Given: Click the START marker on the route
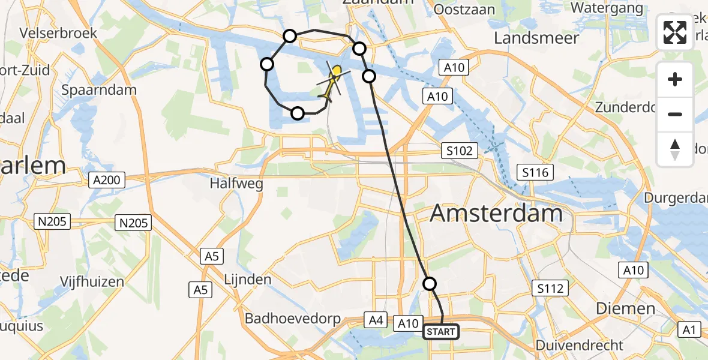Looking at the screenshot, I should (x=441, y=332).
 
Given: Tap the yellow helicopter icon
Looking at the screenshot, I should (x=331, y=85).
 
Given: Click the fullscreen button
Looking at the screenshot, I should (x=675, y=32).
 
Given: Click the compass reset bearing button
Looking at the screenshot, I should (x=675, y=149).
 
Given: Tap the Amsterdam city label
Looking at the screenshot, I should (x=496, y=213).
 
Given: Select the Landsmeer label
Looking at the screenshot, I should (x=536, y=38).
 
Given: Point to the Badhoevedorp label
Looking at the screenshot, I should (x=293, y=319).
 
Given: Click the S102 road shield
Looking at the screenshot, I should (x=460, y=151).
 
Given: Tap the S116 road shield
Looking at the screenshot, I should (x=536, y=173).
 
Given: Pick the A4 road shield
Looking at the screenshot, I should (x=376, y=321).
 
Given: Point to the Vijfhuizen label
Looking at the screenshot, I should (x=92, y=281).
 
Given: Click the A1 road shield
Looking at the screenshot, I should (x=689, y=329).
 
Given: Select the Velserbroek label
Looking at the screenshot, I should (x=58, y=32).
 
